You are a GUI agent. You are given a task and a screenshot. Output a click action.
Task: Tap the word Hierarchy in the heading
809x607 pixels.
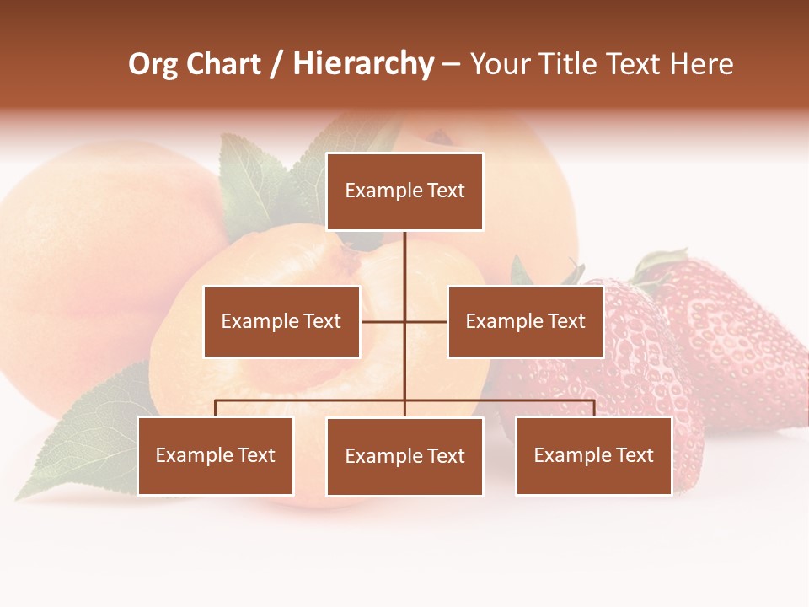click(x=363, y=64)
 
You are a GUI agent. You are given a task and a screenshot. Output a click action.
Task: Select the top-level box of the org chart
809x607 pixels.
click(x=404, y=191)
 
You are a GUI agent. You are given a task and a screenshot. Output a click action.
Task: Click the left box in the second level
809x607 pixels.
click(x=281, y=321)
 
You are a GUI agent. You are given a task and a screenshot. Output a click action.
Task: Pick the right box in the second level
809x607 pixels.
click(x=525, y=321)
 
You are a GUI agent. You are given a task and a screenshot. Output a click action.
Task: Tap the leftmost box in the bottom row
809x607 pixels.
click(x=215, y=455)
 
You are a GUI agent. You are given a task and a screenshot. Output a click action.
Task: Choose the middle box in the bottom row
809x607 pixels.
click(x=404, y=456)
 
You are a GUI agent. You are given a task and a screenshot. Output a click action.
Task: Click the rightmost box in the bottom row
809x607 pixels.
click(x=593, y=455)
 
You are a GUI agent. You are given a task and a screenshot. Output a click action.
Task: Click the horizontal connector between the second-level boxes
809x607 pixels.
click(x=383, y=321)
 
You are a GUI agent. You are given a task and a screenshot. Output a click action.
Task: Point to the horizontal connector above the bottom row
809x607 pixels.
click(x=312, y=400)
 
